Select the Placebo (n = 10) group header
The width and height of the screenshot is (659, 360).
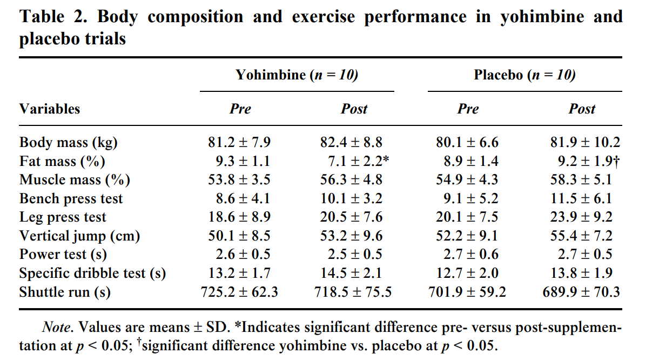[524, 75]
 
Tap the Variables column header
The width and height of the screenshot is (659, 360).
[50, 109]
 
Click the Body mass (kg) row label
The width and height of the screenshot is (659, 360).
[69, 143]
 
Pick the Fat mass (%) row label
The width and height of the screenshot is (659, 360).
[62, 161]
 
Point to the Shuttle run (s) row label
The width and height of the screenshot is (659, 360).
[65, 292]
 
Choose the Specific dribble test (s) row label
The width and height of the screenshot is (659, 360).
[92, 274]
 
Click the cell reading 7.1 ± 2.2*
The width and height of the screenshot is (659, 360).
[355, 161]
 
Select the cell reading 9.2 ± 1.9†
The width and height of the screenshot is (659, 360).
[585, 161]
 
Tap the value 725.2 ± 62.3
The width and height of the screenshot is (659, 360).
[239, 292]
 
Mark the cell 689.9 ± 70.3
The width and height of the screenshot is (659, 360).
[581, 292]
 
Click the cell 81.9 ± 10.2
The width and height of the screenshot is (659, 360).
[585, 143]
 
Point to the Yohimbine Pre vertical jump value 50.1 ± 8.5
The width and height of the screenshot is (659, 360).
[239, 236]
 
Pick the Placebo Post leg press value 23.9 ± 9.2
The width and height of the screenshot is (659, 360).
[585, 217]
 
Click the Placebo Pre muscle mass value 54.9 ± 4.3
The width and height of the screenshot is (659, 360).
[467, 180]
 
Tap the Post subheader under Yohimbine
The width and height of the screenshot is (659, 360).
[354, 109]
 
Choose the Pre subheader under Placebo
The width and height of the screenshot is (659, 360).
[468, 109]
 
